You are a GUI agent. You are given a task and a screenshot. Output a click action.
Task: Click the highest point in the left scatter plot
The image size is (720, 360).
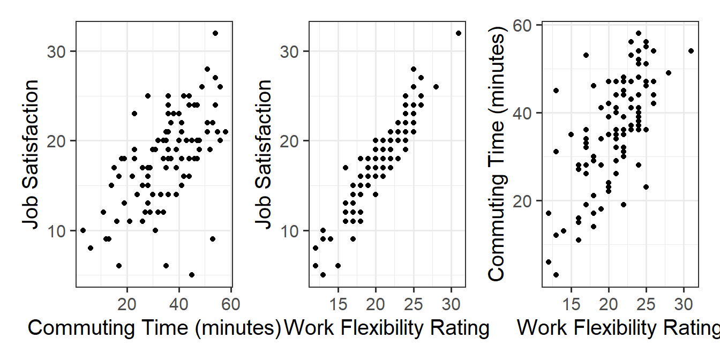215,33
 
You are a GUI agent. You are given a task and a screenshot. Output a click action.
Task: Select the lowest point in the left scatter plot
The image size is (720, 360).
192,275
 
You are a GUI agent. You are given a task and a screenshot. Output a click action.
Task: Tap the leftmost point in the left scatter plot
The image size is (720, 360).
83,230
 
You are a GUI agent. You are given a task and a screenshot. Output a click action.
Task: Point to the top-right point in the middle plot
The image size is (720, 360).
459,33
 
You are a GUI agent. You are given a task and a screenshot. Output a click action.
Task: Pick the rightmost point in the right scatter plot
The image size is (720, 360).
691,51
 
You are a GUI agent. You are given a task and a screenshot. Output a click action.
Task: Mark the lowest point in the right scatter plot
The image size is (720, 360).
556,275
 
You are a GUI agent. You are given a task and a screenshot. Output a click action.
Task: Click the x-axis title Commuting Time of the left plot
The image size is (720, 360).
154,327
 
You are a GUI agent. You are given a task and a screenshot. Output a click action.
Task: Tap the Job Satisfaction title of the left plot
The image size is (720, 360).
31,154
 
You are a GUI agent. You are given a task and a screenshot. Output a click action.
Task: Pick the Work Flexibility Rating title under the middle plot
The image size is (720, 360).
387,327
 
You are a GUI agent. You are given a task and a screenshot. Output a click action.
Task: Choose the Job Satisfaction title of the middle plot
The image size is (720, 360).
264,154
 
